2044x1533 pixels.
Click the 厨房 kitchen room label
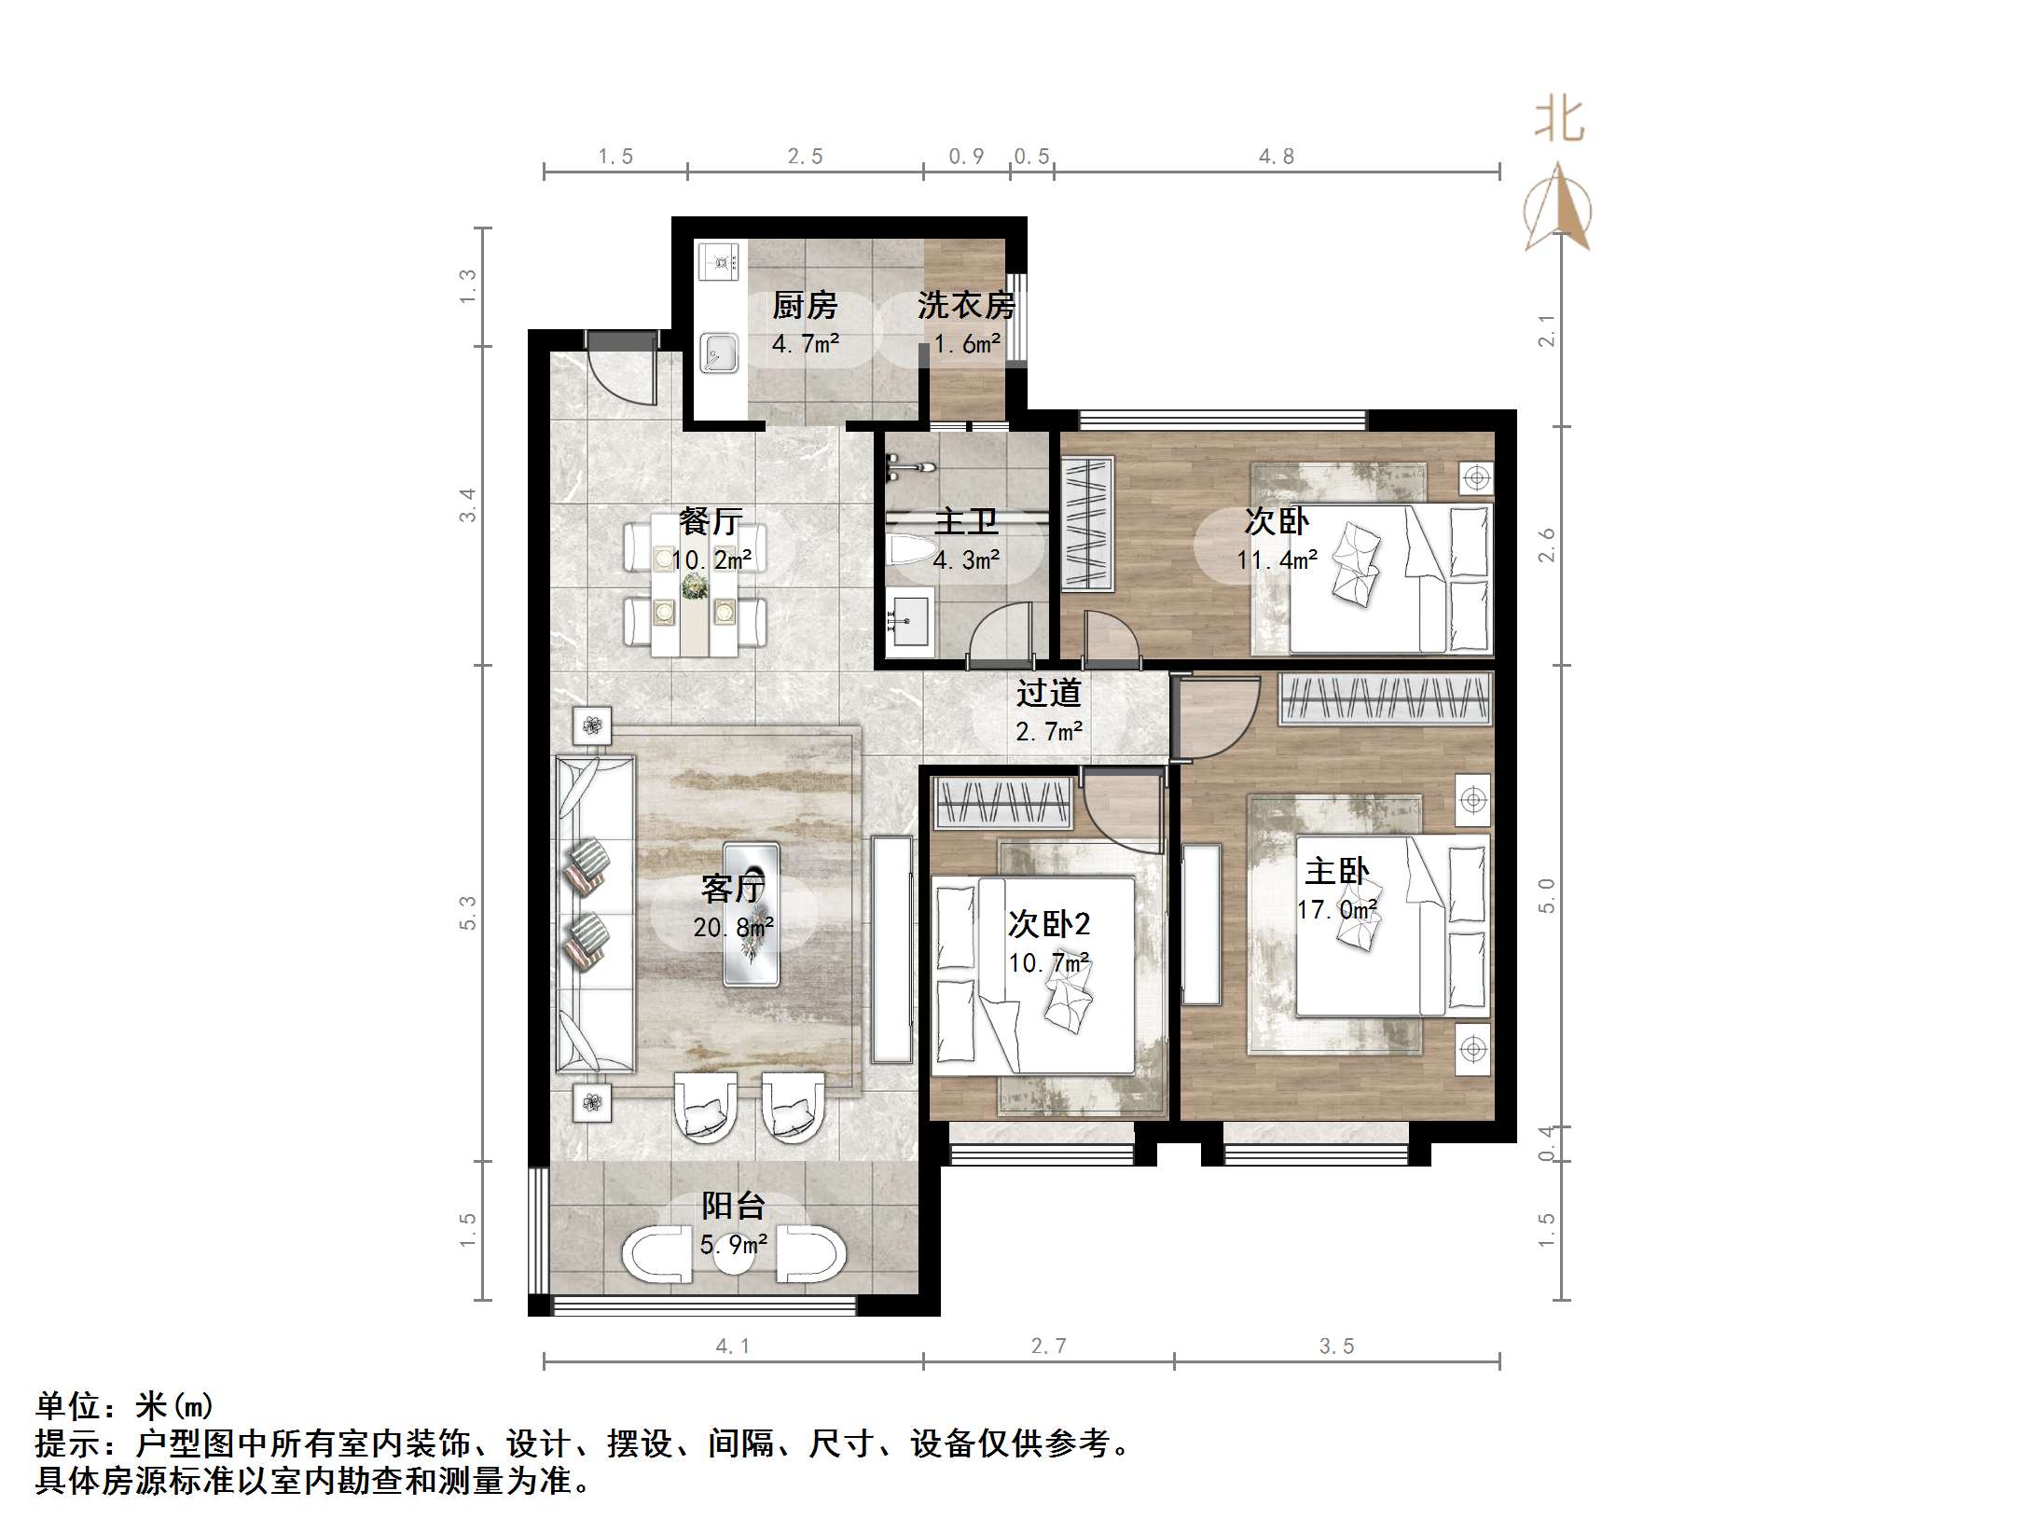point(805,306)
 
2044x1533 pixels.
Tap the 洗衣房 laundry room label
point(966,306)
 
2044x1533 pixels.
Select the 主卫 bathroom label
point(966,522)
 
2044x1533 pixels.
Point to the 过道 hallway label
point(1049,694)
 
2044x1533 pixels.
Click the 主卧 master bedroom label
point(1336,873)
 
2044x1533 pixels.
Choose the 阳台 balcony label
point(733,1207)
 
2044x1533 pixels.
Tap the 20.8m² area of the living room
point(733,928)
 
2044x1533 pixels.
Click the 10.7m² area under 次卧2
point(1049,962)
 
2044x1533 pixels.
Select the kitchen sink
point(719,353)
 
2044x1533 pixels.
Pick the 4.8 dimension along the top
point(1277,157)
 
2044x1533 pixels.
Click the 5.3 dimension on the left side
point(468,913)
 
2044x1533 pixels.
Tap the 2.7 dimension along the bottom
point(1048,1347)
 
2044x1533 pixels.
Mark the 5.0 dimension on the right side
point(1546,895)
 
